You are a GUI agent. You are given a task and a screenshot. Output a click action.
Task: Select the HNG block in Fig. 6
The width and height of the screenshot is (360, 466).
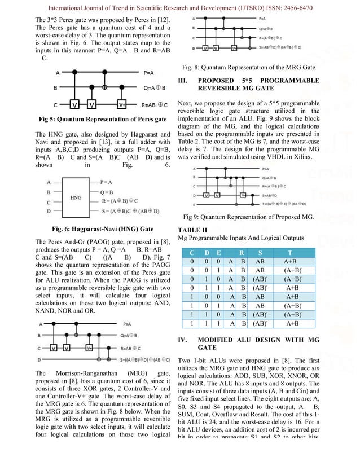[76, 197]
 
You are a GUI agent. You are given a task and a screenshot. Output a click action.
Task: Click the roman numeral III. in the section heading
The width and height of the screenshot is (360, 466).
[184, 81]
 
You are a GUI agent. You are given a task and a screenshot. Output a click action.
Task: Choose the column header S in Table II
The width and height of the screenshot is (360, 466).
[260, 253]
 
